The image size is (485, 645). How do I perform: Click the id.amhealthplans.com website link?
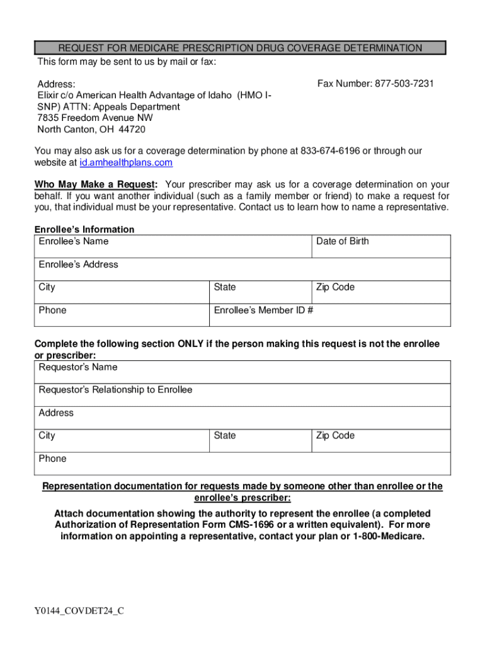[x=126, y=163]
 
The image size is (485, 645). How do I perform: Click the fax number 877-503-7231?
[x=404, y=84]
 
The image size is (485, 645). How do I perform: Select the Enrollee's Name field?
[x=173, y=246]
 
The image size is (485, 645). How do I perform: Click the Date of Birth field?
[x=381, y=246]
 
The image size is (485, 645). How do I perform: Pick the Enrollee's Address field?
[x=243, y=270]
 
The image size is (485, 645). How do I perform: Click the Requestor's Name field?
[x=243, y=372]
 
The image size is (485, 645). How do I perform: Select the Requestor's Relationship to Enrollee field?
[x=243, y=395]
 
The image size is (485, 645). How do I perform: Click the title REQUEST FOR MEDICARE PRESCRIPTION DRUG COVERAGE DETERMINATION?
[x=240, y=48]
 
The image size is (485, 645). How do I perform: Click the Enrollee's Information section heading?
[x=84, y=229]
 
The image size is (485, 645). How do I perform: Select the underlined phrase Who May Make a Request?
[x=96, y=185]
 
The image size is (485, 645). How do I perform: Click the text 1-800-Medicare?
[x=391, y=537]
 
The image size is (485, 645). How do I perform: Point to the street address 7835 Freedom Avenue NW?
[x=95, y=118]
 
